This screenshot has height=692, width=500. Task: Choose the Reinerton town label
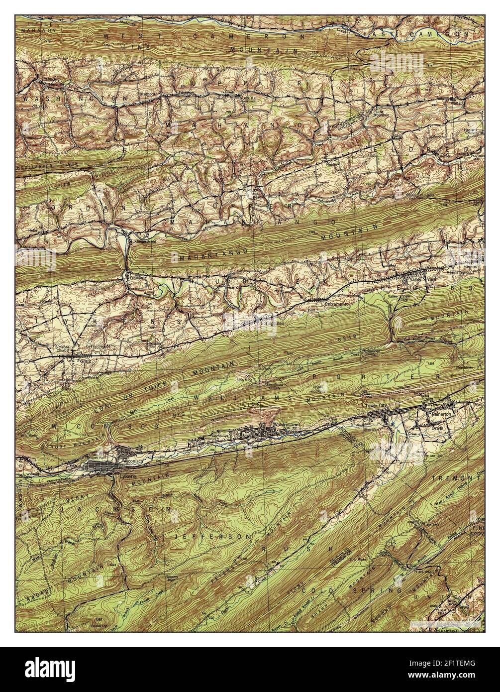[x=441, y=414]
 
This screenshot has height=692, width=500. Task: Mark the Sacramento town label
[x=335, y=303]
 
